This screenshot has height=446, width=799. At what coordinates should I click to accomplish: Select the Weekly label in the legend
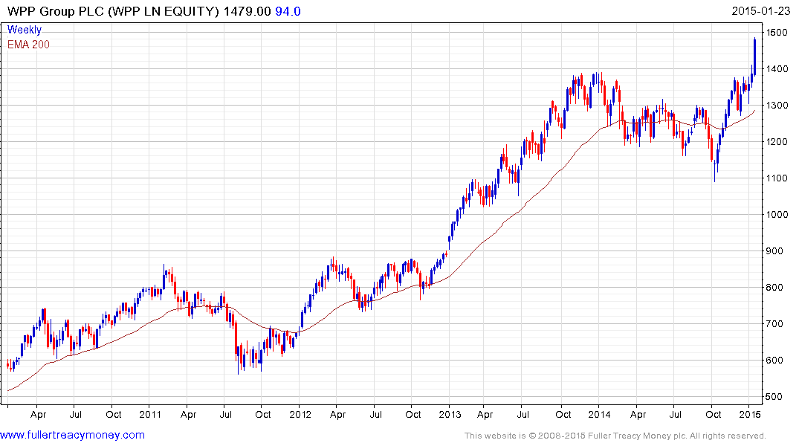pyautogui.click(x=24, y=30)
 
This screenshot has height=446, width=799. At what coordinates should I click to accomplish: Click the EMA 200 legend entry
pyautogui.click(x=28, y=44)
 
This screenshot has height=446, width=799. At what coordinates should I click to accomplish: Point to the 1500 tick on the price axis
pyautogui.click(x=774, y=33)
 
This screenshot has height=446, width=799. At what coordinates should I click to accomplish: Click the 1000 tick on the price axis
pyautogui.click(x=774, y=215)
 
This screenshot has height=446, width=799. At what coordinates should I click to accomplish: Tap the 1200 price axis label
pyautogui.click(x=774, y=142)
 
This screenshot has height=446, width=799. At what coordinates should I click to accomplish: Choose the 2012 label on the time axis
pyautogui.click(x=300, y=414)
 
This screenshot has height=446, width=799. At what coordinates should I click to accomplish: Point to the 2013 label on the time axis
pyautogui.click(x=450, y=414)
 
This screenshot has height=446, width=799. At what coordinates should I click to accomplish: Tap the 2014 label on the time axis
pyautogui.click(x=600, y=414)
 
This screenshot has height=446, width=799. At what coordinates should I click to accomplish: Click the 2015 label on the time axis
pyautogui.click(x=749, y=414)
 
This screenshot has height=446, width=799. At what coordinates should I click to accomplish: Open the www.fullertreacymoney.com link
pyautogui.click(x=72, y=435)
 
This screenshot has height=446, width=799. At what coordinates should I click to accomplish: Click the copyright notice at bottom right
pyautogui.click(x=615, y=436)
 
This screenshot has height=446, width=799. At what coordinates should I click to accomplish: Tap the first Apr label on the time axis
pyautogui.click(x=38, y=414)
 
